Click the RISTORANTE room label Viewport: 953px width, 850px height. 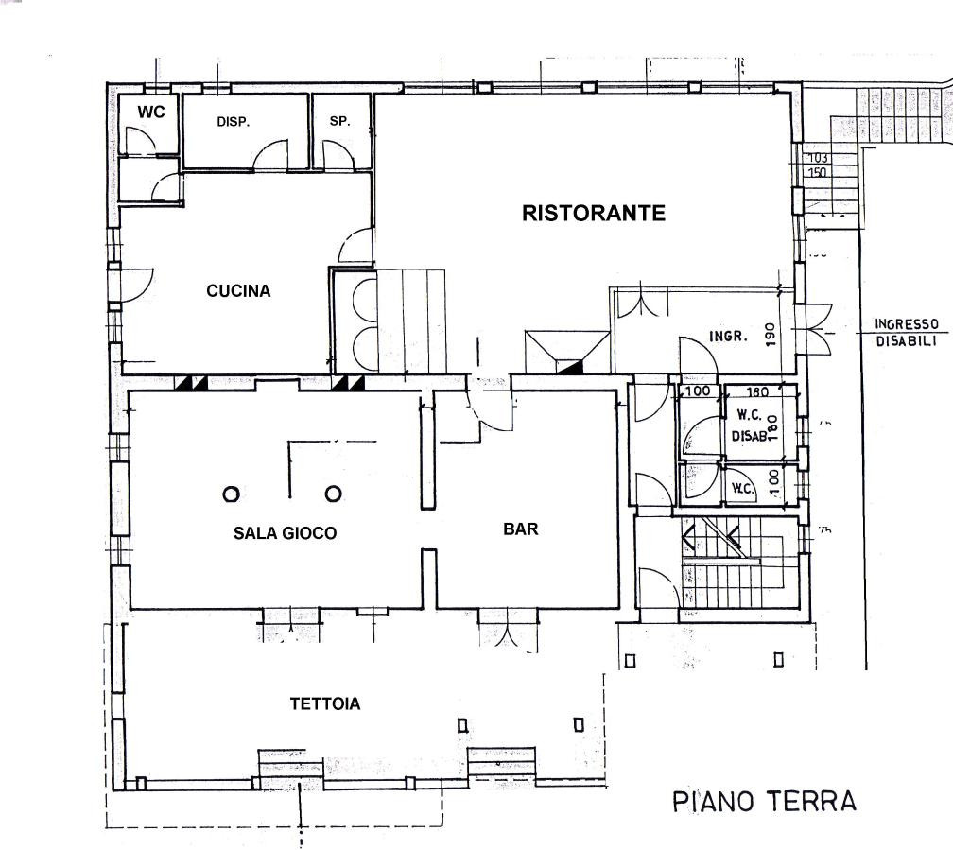coord(594,213)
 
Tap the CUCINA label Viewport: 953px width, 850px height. coord(238,290)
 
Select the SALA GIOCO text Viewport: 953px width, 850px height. coord(286,533)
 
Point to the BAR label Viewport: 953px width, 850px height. coord(521,529)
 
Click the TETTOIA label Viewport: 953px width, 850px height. coord(325,703)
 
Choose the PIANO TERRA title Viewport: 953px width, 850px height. coord(765,801)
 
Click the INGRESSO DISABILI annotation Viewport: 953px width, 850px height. coord(906,333)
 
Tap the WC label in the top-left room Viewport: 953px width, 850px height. coord(150,112)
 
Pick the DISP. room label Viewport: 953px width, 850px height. coord(234,122)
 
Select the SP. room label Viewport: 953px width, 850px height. coord(340,121)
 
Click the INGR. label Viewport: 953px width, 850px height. coord(728,336)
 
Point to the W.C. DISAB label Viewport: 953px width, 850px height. coord(749,425)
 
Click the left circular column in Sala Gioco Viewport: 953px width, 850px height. coord(231,494)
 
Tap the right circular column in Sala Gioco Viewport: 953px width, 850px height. coord(333,494)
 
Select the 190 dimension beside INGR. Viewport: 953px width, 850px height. coord(771,335)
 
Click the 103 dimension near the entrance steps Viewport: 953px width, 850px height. coord(818,158)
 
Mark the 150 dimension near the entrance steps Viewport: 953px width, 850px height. coord(818,172)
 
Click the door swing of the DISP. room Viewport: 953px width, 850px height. coord(271,154)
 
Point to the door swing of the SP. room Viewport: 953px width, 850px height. coord(338,155)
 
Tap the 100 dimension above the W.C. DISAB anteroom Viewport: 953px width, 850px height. coord(698,390)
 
